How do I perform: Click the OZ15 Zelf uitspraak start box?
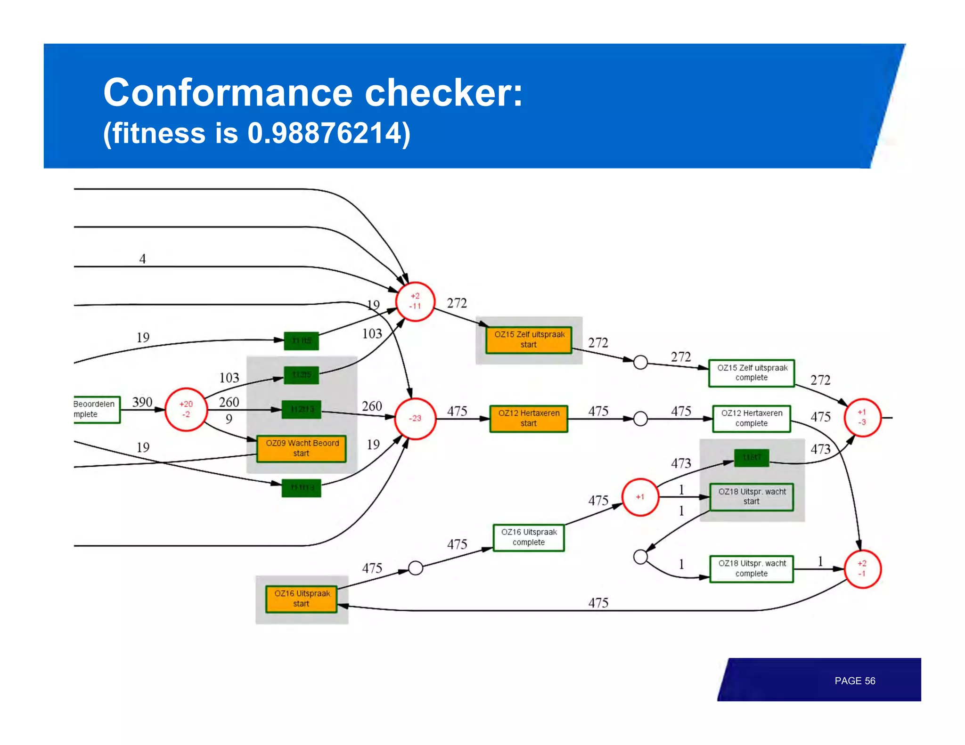click(x=529, y=340)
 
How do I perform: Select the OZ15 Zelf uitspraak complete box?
click(x=752, y=373)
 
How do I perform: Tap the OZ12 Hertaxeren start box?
click(x=529, y=418)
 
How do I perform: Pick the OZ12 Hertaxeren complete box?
click(x=752, y=418)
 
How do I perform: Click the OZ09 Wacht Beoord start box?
click(x=302, y=448)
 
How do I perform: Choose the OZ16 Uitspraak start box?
click(x=302, y=599)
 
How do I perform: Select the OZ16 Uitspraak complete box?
click(x=529, y=537)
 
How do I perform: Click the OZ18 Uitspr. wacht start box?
click(x=752, y=497)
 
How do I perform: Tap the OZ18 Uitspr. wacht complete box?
click(x=752, y=568)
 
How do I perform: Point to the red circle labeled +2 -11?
click(x=415, y=301)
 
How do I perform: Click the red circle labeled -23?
click(x=415, y=418)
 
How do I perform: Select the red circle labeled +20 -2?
click(x=186, y=409)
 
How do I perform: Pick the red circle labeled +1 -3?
click(x=862, y=417)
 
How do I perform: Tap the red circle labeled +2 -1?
click(x=862, y=568)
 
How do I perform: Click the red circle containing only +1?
click(x=640, y=497)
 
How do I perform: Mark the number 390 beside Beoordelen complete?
click(x=142, y=402)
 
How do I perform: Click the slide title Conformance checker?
click(x=313, y=92)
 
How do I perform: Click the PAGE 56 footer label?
click(x=854, y=680)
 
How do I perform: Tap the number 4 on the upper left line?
click(x=142, y=259)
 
